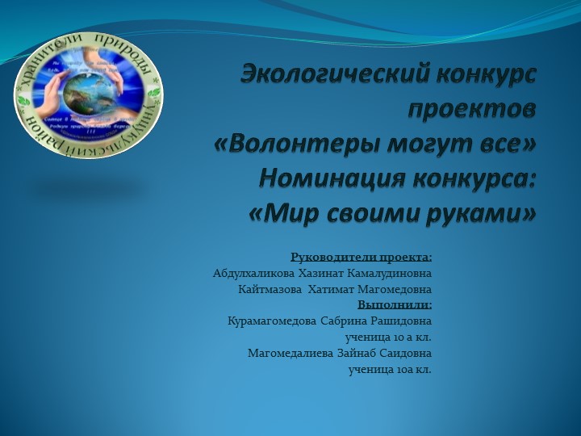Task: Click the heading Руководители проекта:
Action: (361, 258)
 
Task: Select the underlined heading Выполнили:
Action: (395, 305)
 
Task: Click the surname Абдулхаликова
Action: (253, 274)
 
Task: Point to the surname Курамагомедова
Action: (272, 321)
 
